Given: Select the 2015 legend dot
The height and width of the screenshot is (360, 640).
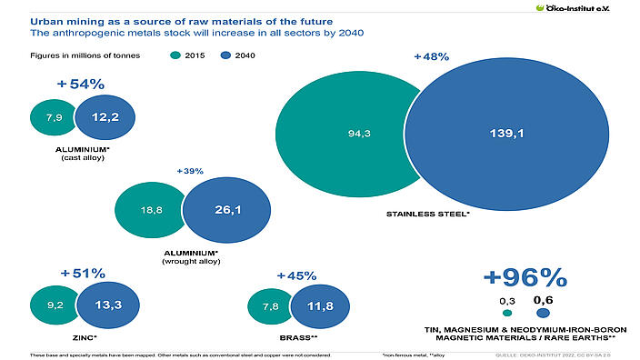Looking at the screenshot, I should click(x=175, y=55).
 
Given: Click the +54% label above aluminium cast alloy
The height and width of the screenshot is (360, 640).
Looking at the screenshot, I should click(x=81, y=85).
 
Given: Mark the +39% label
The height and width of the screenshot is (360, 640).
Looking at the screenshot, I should click(x=190, y=170).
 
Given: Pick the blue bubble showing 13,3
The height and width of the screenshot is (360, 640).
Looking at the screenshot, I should click(x=105, y=305).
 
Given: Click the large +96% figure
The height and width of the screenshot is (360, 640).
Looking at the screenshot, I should click(x=524, y=277).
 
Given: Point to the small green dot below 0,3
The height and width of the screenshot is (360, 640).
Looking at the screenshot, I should click(x=506, y=314).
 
